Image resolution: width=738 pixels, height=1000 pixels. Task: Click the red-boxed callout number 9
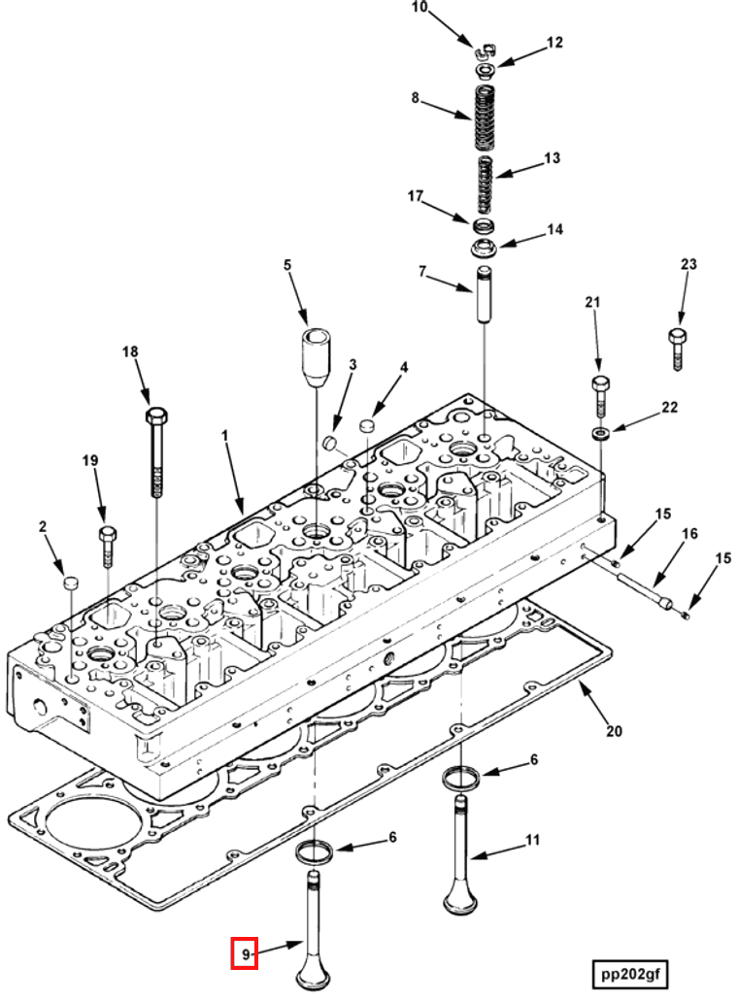(244, 954)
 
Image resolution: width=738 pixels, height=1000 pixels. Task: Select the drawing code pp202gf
(631, 973)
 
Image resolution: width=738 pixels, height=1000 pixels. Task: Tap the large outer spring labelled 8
(485, 117)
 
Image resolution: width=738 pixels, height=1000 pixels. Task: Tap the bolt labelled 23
(678, 349)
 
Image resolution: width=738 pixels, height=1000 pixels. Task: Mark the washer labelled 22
(600, 430)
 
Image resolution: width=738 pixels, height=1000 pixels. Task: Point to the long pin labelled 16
(641, 591)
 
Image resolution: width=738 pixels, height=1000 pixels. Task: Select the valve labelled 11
(459, 854)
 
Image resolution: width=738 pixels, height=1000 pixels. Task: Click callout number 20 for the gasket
(615, 731)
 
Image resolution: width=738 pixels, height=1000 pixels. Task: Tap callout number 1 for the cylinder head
(224, 438)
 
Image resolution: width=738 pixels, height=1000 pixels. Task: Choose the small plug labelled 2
(70, 583)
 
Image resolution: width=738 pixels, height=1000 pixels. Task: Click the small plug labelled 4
(366, 425)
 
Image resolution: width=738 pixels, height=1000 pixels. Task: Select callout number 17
(416, 196)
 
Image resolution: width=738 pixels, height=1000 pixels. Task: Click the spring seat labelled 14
(483, 249)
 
